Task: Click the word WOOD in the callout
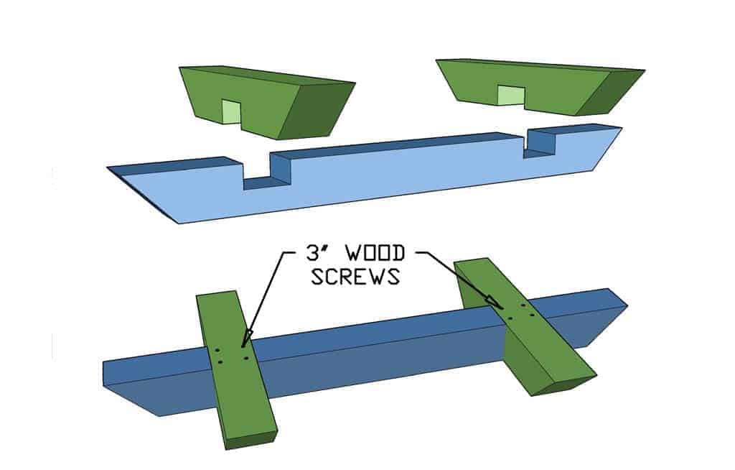[375, 254]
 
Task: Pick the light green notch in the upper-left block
[230, 111]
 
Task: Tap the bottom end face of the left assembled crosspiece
[251, 439]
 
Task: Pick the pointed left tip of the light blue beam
[136, 194]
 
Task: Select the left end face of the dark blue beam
[106, 373]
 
